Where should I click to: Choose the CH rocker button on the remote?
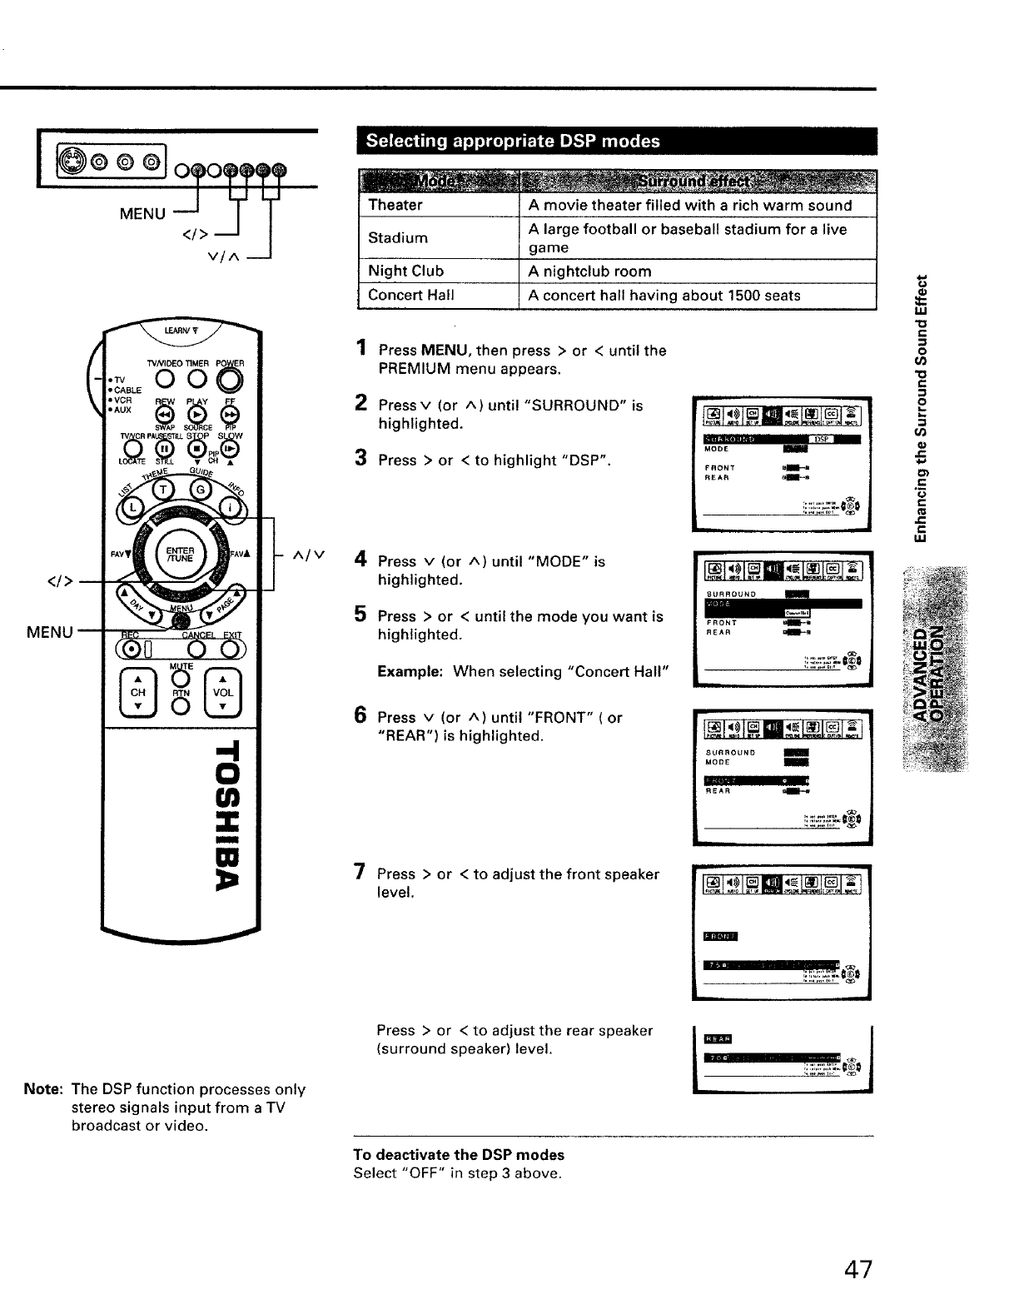coord(138,692)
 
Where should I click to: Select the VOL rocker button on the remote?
coord(223,692)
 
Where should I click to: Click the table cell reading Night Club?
coord(405,271)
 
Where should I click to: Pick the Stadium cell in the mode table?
coord(398,237)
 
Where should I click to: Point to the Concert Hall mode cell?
coord(410,295)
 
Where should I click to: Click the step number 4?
coord(360,560)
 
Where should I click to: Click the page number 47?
coord(857,1269)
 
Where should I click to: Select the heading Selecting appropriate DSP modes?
coord(513,141)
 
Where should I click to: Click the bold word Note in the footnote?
coord(42,1089)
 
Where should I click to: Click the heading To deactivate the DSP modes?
coord(459,1155)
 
